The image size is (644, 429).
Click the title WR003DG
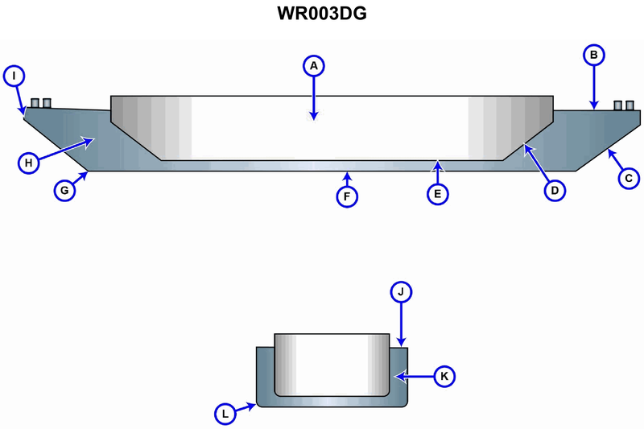point(321,14)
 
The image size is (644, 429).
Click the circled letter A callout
point(314,64)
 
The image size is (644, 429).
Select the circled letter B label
point(593,55)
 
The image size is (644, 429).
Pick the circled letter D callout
point(554,190)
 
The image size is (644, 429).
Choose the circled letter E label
point(438,193)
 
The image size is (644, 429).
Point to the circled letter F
point(346,195)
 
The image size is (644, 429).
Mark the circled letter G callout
point(64,191)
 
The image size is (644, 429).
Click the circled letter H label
point(28,163)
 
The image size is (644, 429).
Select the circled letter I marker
point(14,76)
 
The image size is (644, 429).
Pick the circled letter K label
point(445,375)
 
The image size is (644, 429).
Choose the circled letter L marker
point(226,415)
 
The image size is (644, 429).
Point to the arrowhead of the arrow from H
point(91,140)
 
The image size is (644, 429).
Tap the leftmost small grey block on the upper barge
point(35,103)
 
